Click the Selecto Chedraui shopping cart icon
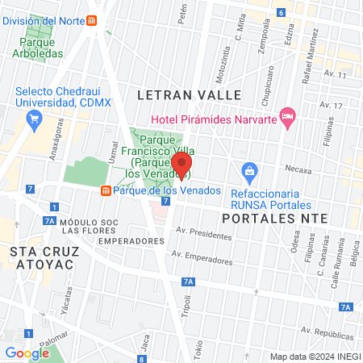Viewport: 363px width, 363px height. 34,121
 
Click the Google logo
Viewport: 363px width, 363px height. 27,353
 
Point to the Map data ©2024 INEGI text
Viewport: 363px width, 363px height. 314,357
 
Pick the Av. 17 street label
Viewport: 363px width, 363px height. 332,106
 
